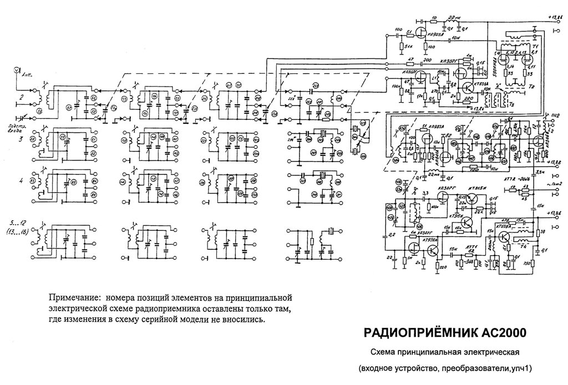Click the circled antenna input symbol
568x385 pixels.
[17, 70]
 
